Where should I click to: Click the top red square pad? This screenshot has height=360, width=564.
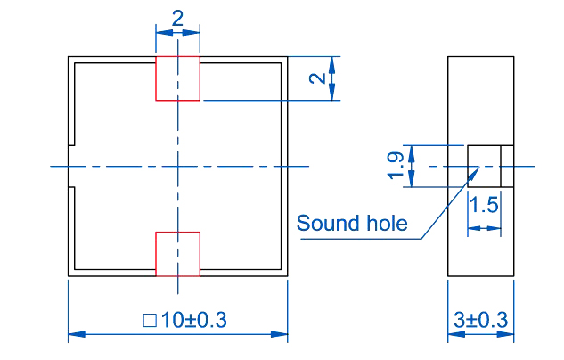[178, 78]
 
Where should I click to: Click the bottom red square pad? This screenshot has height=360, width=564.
[178, 254]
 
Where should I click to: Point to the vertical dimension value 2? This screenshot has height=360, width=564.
[317, 78]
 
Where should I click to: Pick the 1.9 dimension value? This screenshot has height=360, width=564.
[396, 167]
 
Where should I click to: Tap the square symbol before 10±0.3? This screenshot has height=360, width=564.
[149, 319]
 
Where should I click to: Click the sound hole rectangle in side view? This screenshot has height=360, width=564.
[484, 167]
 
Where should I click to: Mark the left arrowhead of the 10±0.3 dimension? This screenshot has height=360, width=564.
[74, 335]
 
